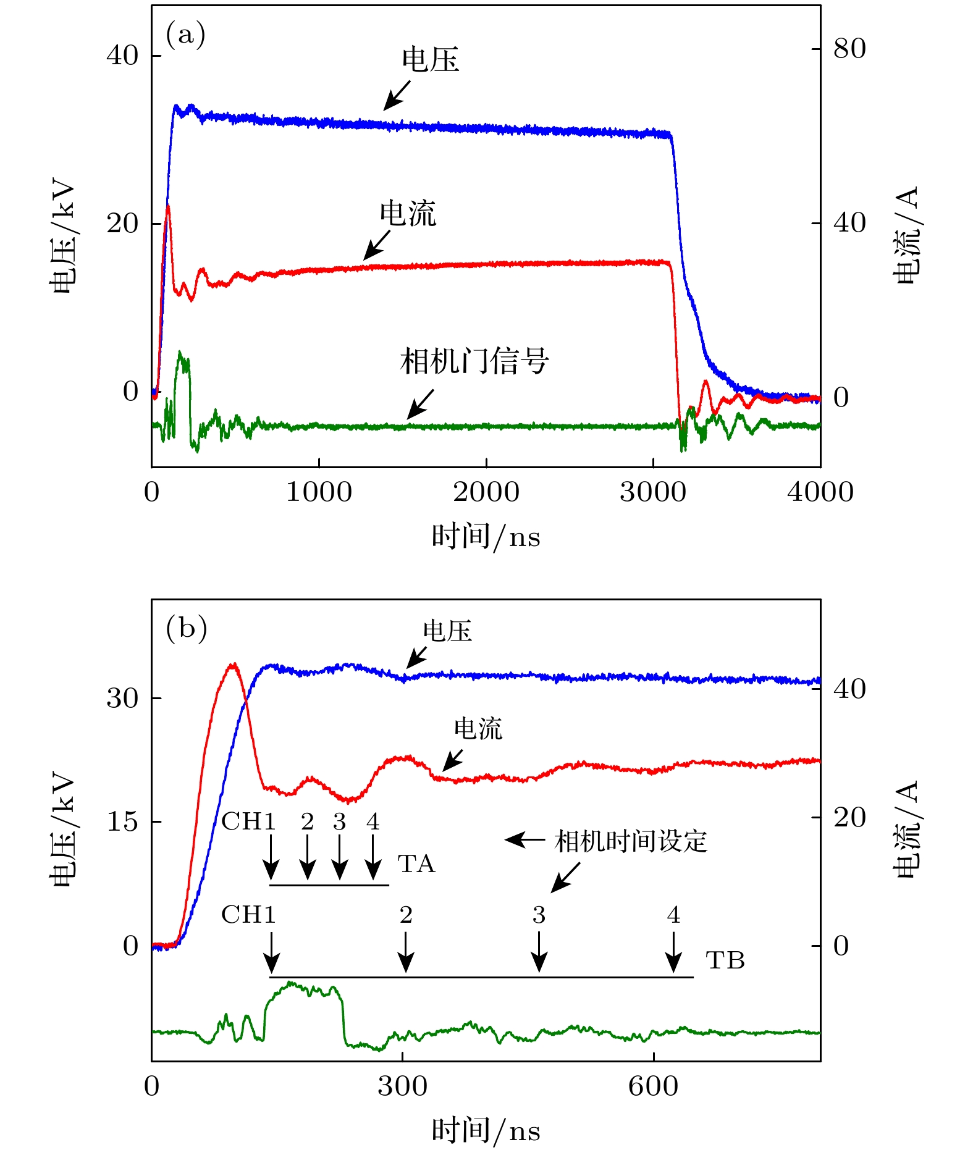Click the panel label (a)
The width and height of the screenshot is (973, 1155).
click(x=185, y=35)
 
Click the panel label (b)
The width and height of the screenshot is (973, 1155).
click(x=186, y=629)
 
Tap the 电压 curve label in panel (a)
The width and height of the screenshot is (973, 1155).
click(x=430, y=61)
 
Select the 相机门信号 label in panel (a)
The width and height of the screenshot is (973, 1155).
click(x=474, y=361)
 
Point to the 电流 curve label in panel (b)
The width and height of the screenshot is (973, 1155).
click(x=478, y=729)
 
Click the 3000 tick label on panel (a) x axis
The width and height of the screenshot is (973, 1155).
click(x=653, y=493)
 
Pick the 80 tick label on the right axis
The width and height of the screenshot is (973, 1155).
click(x=849, y=49)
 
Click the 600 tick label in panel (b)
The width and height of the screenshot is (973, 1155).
click(x=653, y=1086)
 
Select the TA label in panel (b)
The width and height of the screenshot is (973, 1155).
click(x=416, y=864)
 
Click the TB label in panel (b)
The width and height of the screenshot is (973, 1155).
click(x=725, y=960)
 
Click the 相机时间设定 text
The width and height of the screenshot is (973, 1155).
click(x=630, y=841)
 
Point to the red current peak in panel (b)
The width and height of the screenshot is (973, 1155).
click(x=232, y=665)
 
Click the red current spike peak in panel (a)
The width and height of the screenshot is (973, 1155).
click(x=167, y=206)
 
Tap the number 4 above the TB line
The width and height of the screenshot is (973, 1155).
click(x=673, y=915)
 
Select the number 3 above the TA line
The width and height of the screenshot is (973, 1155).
click(x=339, y=822)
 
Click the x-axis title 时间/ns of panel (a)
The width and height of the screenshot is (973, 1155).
click(x=486, y=536)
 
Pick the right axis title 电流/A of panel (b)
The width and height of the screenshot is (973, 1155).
click(x=906, y=829)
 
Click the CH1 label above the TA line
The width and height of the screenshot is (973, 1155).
click(x=248, y=822)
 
